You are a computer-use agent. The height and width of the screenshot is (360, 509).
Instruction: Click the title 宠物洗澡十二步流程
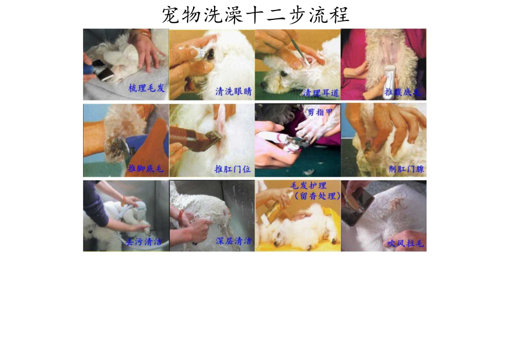click(x=255, y=14)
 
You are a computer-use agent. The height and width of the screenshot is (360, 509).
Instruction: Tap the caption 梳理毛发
click(x=146, y=88)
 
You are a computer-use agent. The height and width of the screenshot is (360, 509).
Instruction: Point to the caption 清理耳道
click(x=320, y=92)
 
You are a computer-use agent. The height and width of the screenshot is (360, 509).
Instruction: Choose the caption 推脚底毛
click(x=146, y=169)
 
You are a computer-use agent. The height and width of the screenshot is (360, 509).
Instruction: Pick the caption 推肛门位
click(x=232, y=169)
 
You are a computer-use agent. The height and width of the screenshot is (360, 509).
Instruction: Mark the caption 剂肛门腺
click(x=406, y=169)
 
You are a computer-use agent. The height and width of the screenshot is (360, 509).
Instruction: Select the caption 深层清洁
click(x=233, y=242)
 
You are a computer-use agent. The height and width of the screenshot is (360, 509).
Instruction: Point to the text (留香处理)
click(x=318, y=196)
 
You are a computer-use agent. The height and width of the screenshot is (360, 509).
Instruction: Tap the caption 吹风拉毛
click(x=406, y=243)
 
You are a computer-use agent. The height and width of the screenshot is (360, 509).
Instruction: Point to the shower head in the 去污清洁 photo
click(x=140, y=208)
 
